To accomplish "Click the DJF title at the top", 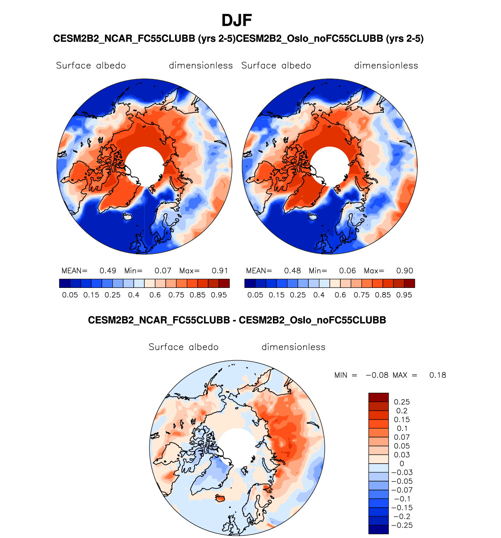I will tap(237, 20).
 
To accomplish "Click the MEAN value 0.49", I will tap(108, 271).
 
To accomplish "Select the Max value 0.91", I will tap(220, 271).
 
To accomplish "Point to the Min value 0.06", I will tap(347, 271).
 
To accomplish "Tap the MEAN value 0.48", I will tap(292, 271).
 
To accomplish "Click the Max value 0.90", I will tap(405, 271).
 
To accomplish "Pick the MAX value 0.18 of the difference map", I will tap(437, 375).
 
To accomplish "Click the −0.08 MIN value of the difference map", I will tap(377, 375).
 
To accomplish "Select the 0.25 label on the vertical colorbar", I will tap(402, 402).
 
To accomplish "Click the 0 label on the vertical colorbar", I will tap(402, 464).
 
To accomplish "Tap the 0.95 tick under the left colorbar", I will tap(219, 295).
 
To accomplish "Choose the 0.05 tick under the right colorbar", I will tap(255, 295).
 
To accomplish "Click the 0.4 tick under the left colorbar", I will tap(134, 295).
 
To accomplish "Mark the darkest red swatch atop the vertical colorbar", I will tap(378, 397).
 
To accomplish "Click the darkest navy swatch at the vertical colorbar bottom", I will tap(378, 529).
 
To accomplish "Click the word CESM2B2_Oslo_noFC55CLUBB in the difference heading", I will tap(312, 320).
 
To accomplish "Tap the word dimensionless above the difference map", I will tap(293, 347).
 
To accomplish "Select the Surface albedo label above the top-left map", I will tap(91, 65).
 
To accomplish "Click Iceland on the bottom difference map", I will tap(221, 498).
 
